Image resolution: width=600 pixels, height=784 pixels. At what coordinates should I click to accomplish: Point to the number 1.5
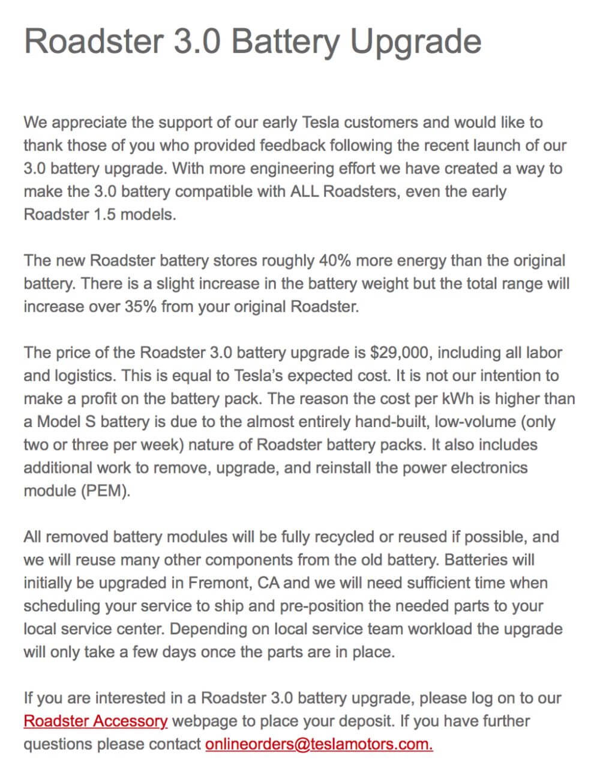[104, 214]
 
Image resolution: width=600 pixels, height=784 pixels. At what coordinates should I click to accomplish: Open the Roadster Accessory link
[95, 720]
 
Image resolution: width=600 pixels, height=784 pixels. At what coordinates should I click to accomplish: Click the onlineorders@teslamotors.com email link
[319, 744]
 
